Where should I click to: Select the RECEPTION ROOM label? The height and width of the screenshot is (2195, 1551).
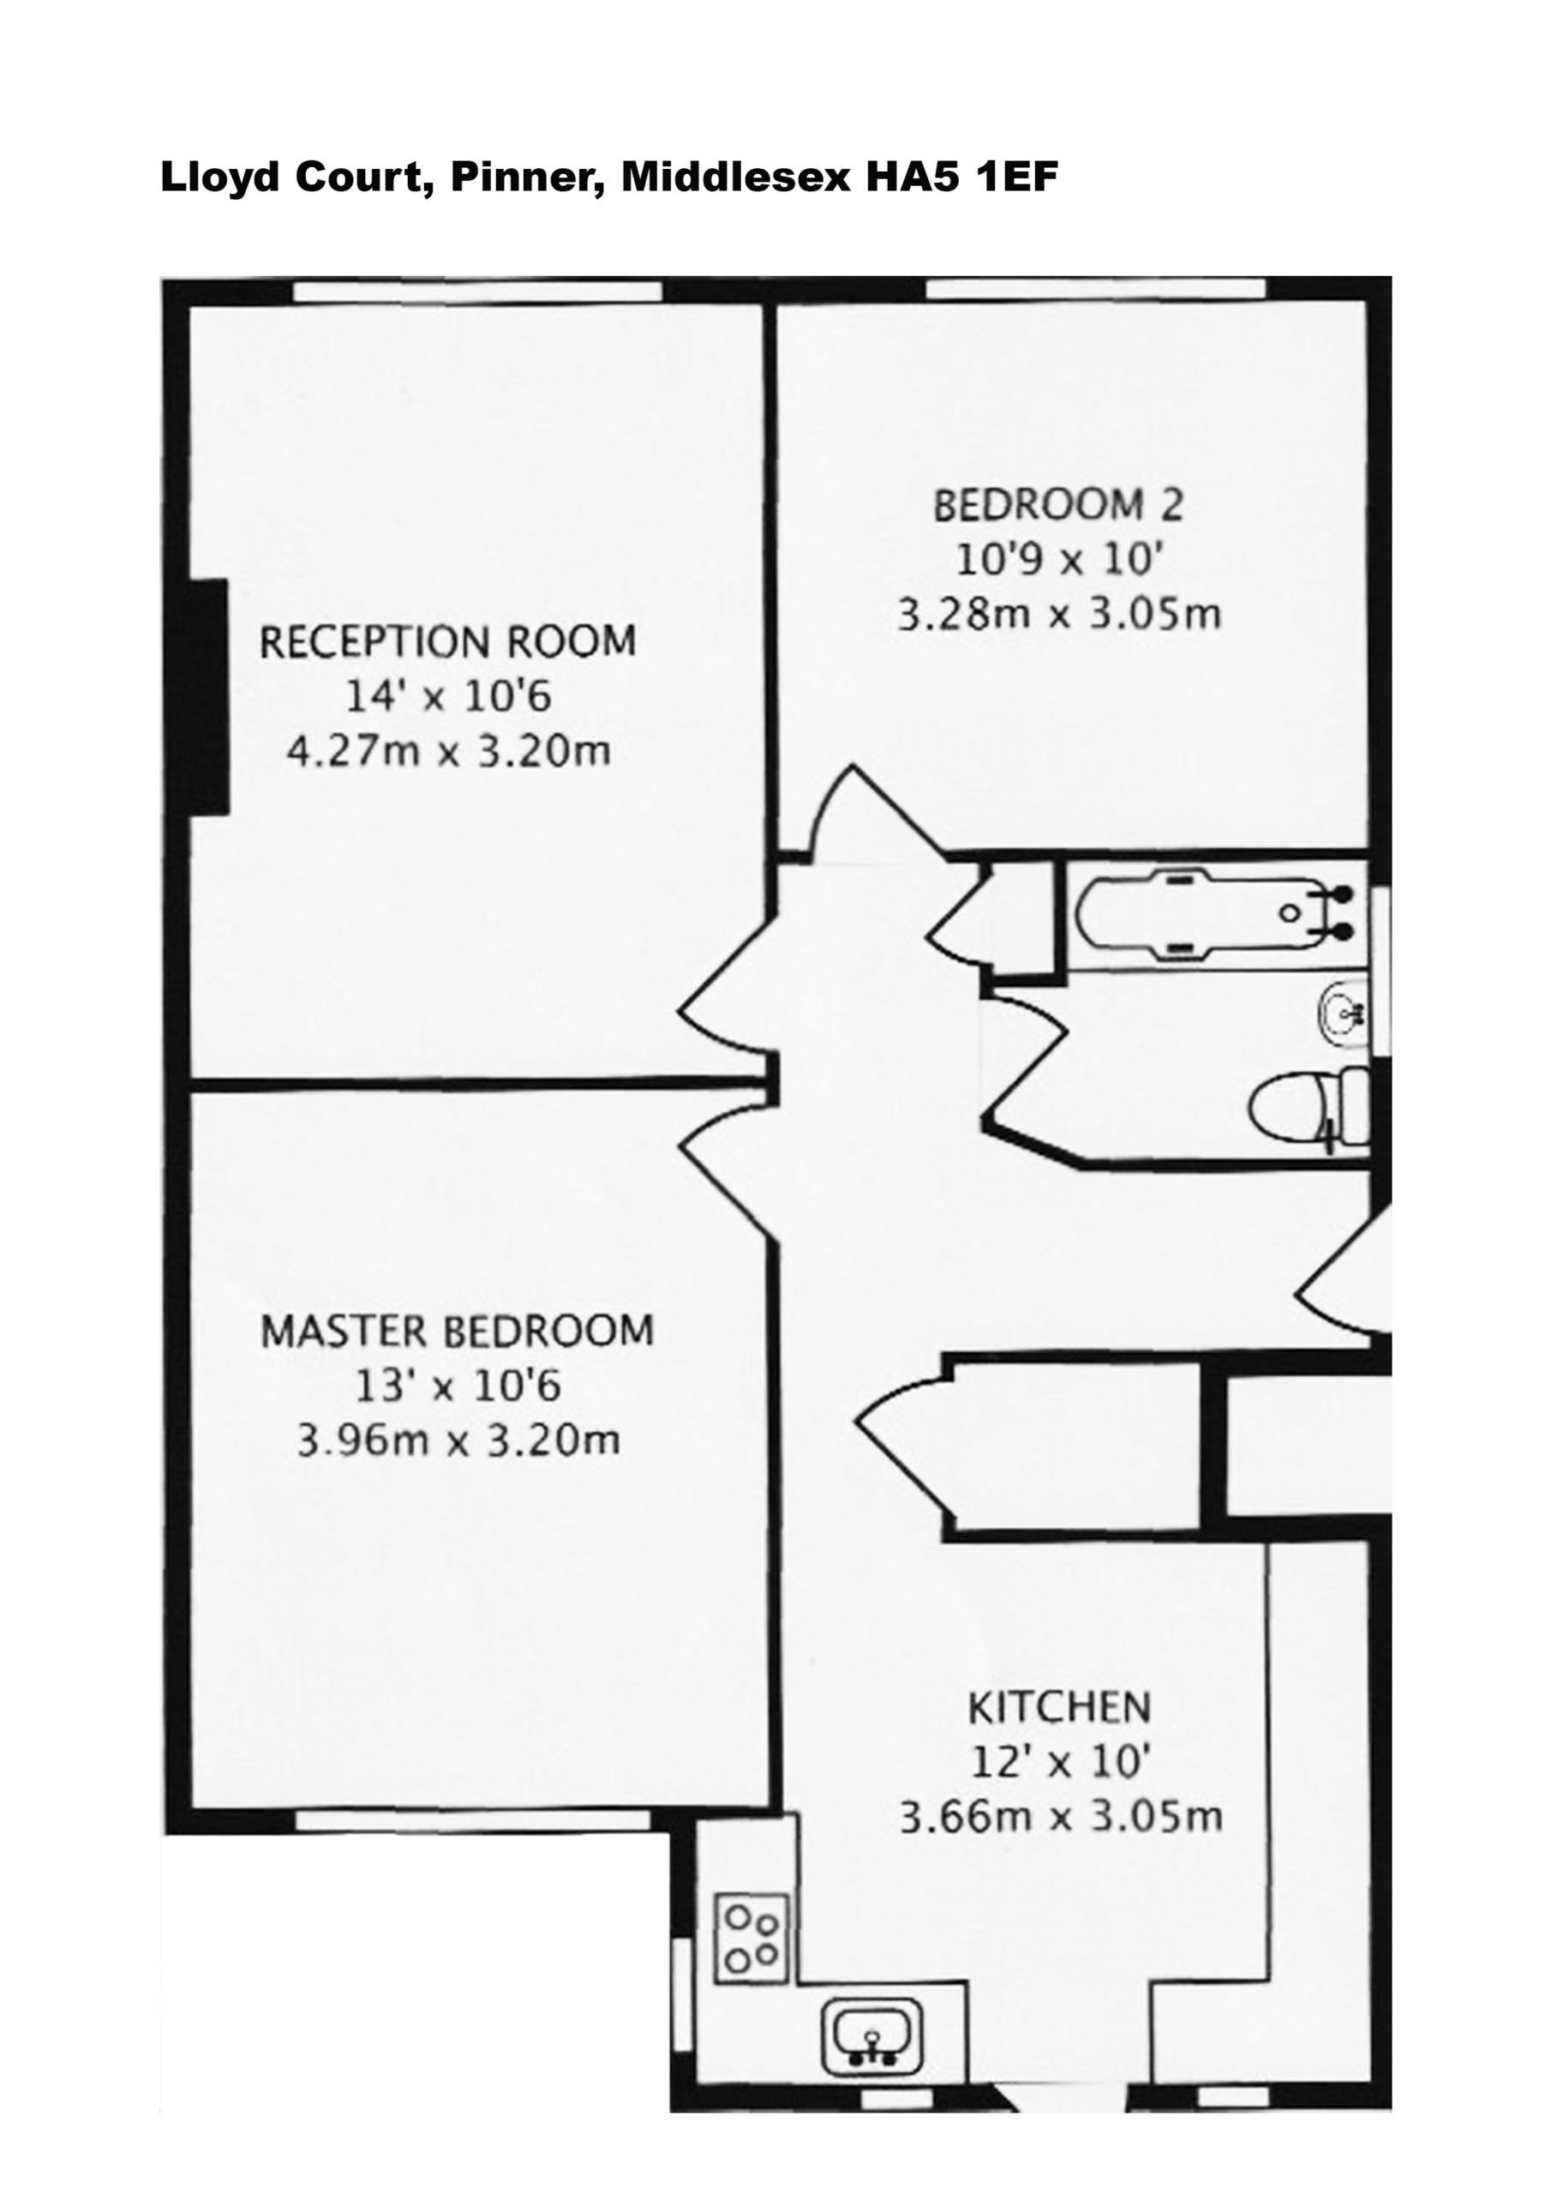click(448, 641)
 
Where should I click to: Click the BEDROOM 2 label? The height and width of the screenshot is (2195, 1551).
click(1058, 506)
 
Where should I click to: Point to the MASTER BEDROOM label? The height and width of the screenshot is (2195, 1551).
click(458, 1332)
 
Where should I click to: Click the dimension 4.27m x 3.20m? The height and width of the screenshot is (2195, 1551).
click(448, 751)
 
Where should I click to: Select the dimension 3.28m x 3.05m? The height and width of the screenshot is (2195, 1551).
click(1059, 615)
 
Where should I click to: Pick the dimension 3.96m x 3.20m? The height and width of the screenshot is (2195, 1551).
click(458, 1440)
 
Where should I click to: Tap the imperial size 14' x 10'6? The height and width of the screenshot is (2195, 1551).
click(448, 697)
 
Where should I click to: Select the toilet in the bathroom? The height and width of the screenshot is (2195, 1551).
click(1309, 1108)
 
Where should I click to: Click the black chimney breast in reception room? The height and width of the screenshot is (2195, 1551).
click(208, 697)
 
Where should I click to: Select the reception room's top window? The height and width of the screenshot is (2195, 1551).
click(478, 291)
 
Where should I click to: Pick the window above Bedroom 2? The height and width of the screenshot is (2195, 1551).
click(1096, 289)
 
